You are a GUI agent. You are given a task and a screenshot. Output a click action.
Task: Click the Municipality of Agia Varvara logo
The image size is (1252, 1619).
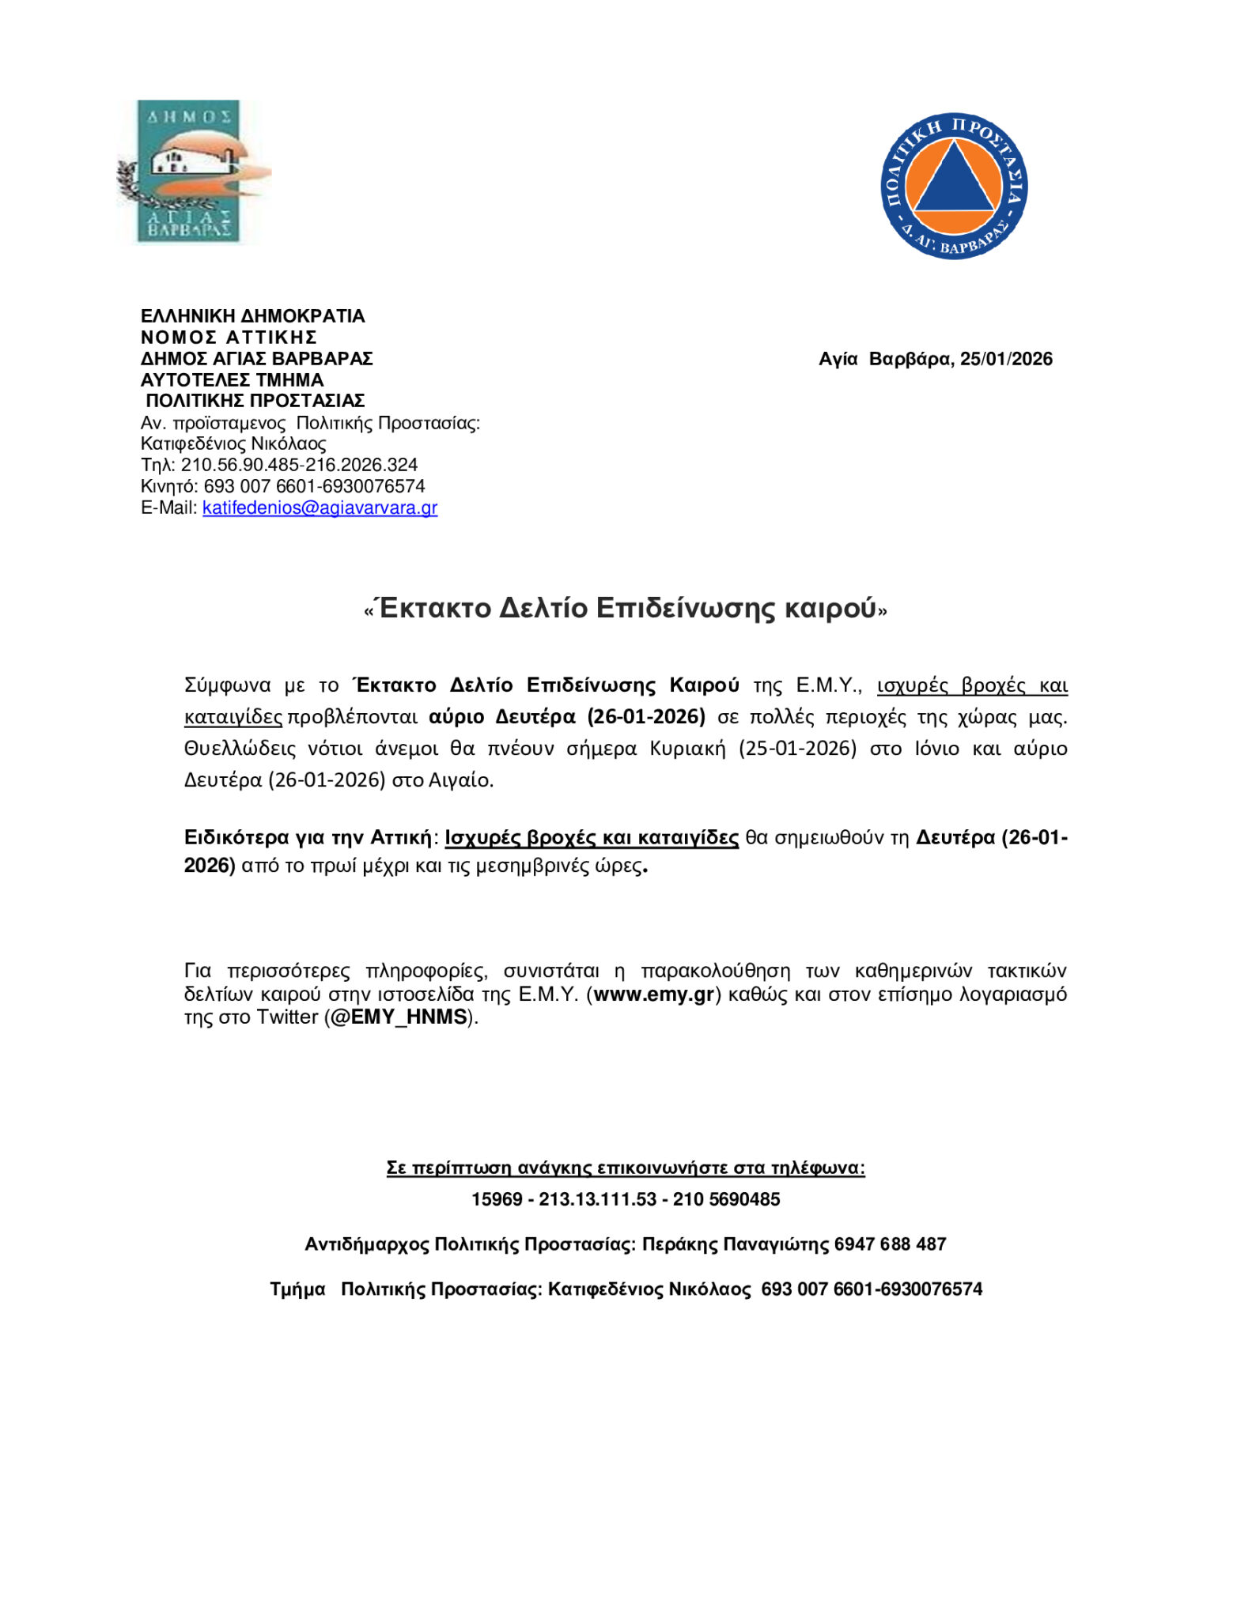click(x=190, y=171)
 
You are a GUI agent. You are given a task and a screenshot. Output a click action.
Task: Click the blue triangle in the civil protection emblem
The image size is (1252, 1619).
click(x=955, y=181)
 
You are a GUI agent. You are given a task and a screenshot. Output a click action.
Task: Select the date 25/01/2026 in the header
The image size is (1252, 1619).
click(x=1006, y=360)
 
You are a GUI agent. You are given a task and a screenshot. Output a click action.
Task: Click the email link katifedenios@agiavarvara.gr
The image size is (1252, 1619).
click(x=320, y=508)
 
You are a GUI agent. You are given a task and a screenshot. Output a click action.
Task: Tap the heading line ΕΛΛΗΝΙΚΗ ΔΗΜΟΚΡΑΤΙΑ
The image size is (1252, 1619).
click(x=252, y=316)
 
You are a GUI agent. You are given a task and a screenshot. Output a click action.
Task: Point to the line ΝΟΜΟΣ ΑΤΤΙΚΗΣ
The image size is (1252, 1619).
click(x=229, y=338)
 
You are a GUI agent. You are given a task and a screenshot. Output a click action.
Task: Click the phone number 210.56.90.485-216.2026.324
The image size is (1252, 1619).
click(x=299, y=466)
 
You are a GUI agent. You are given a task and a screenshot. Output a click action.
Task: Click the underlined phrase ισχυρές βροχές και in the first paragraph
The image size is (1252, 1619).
click(x=972, y=685)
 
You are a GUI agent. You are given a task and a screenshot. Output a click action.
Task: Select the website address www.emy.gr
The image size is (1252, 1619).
click(x=653, y=994)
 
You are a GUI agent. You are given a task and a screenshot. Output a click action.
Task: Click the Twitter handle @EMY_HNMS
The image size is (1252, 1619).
click(x=399, y=1017)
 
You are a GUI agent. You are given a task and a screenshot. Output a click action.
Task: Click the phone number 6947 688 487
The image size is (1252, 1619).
click(x=890, y=1245)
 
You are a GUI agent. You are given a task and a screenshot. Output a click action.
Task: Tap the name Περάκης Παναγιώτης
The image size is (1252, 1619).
click(x=735, y=1245)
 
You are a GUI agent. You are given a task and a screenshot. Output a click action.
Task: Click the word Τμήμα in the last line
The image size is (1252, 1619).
click(x=297, y=1290)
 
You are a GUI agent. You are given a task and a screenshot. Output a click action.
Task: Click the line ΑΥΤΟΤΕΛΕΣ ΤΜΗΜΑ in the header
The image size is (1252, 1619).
click(x=232, y=380)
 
